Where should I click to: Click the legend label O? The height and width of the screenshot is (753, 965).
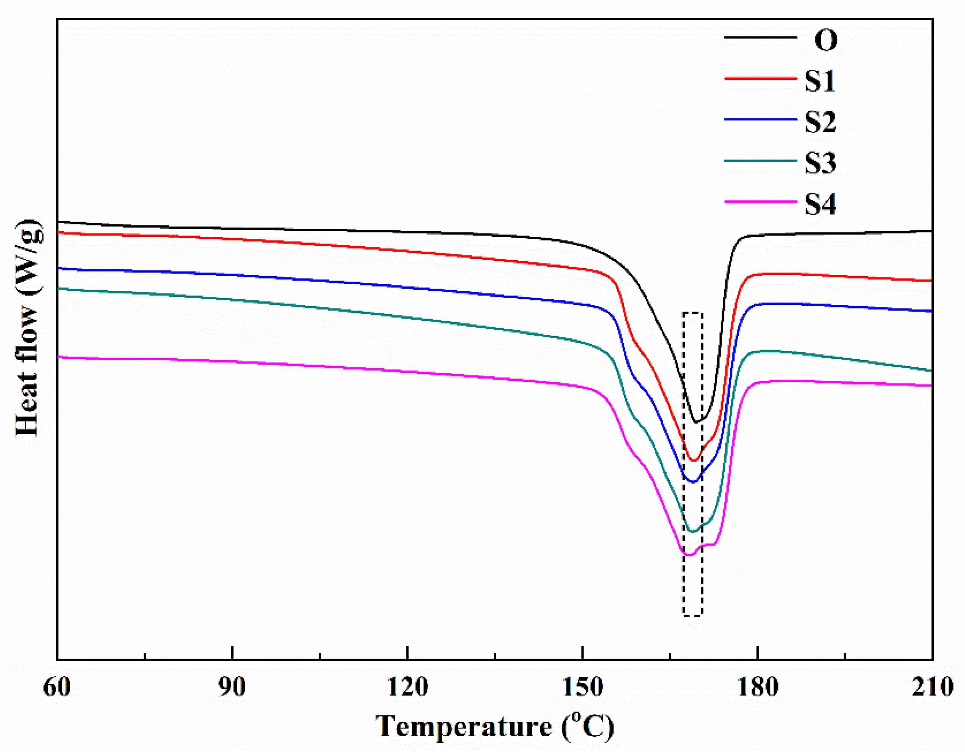point(826,40)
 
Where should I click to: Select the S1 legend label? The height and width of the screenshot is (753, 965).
point(820,81)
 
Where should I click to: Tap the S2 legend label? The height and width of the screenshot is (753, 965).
point(820,122)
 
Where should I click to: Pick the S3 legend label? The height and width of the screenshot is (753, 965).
point(820,163)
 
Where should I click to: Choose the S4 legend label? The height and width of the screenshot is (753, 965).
point(820,204)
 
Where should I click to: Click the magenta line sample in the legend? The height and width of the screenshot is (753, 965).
point(760,202)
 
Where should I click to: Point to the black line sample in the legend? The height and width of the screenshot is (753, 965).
point(760,38)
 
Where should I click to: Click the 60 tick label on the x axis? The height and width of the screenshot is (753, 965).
point(57,687)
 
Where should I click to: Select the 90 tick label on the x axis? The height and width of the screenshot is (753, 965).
point(232,687)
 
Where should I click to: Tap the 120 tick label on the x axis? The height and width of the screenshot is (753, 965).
point(407,687)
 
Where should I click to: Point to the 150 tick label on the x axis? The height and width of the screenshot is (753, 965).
point(582,687)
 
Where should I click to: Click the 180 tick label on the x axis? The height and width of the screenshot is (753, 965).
point(758,687)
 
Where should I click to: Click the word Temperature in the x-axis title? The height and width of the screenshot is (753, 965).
point(463,726)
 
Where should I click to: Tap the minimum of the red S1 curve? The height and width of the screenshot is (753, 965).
point(693,461)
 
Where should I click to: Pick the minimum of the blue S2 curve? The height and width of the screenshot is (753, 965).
point(693,482)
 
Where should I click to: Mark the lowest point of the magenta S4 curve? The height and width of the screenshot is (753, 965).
point(689,555)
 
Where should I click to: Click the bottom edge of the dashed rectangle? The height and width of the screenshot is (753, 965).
point(693,616)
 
